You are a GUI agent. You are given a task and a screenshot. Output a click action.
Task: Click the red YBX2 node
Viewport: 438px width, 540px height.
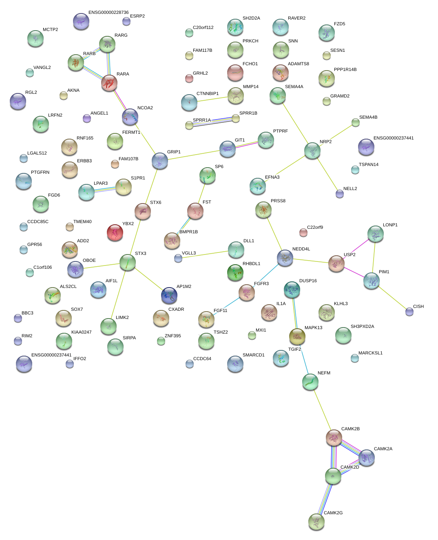point(115,232)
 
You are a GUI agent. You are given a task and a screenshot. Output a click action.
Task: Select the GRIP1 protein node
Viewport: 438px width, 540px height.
point(160,161)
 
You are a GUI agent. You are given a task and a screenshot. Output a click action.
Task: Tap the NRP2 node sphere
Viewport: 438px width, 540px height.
point(312,150)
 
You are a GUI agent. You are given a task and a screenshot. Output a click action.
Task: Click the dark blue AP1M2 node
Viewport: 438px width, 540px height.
point(169,295)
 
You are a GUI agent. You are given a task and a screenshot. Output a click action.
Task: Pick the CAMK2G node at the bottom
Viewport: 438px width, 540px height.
point(316,522)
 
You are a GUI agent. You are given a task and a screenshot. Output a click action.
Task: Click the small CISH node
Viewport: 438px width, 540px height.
point(409,312)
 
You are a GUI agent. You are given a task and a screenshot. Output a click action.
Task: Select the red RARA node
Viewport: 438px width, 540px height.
point(109,83)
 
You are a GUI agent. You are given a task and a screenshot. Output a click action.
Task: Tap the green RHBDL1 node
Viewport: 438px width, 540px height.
point(235,272)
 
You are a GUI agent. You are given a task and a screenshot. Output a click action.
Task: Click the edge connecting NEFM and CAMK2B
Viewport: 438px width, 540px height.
point(322,409)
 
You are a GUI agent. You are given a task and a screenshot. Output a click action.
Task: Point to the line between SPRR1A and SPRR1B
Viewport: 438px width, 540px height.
point(212,122)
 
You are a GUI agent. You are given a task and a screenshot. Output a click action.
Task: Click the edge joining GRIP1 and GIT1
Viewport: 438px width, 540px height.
point(194,155)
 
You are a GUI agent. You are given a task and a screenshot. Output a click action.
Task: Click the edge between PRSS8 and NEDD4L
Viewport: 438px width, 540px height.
point(274,234)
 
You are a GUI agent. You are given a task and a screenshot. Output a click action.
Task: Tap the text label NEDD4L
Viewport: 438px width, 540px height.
point(301,249)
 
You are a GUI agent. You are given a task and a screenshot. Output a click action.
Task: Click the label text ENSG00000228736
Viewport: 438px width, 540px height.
point(108,13)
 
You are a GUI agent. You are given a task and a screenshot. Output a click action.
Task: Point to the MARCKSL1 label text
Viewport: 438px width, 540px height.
point(370,353)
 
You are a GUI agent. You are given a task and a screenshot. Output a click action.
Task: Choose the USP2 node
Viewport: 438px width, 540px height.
point(336,263)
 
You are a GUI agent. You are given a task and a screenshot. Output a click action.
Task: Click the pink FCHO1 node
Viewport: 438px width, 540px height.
point(235,73)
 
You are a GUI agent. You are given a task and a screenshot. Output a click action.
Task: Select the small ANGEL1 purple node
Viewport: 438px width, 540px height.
point(87,118)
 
